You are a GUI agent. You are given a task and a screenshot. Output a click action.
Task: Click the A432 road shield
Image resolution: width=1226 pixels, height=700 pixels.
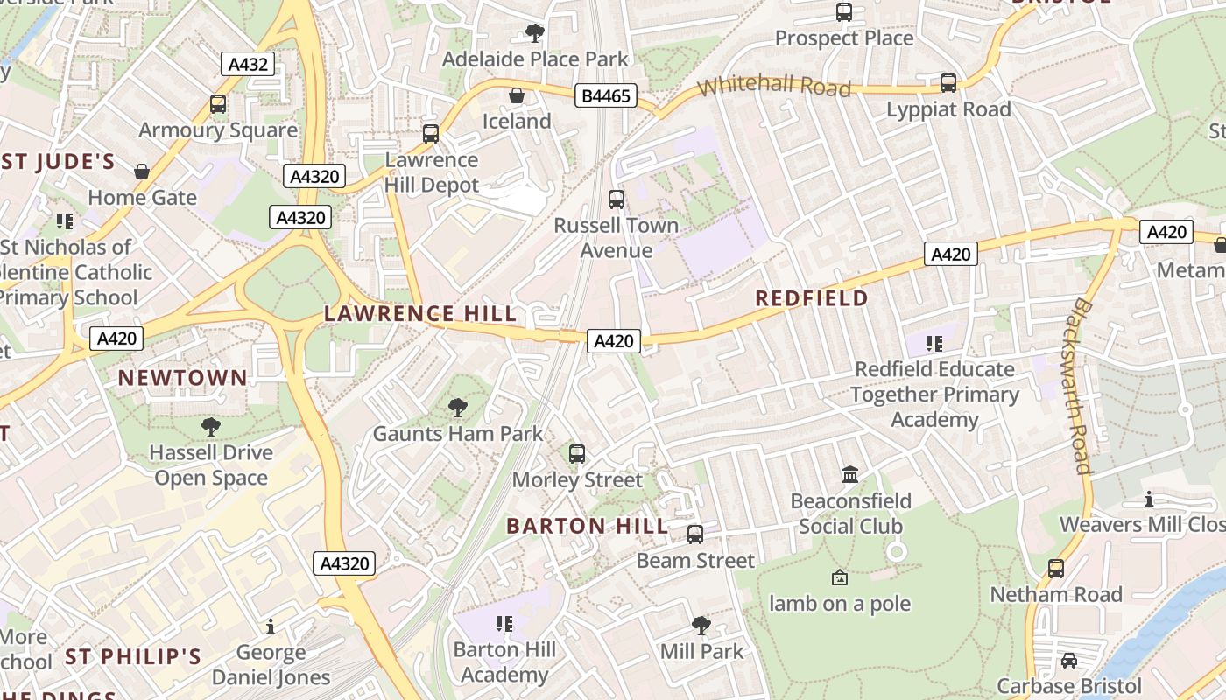(249, 64)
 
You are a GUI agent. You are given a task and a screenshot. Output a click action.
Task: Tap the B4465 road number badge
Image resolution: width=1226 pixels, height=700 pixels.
(605, 95)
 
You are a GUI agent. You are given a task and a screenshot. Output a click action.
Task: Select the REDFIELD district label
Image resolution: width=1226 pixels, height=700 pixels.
(812, 298)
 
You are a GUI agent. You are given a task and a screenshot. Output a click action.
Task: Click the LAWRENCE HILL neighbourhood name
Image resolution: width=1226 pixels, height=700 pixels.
(420, 313)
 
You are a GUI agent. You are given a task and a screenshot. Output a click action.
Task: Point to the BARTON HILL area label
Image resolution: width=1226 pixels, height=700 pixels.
(587, 526)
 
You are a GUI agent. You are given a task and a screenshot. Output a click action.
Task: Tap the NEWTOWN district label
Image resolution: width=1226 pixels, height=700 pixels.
(183, 378)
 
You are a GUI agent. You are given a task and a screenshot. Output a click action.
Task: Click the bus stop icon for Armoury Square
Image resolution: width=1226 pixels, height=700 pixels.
(218, 104)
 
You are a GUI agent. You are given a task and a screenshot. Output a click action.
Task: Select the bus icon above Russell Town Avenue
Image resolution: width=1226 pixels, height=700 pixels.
(617, 199)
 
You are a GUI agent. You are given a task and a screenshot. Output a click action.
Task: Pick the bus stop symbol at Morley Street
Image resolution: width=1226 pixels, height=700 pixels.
(576, 454)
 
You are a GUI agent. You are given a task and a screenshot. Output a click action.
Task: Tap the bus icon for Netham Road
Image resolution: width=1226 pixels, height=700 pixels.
(1056, 569)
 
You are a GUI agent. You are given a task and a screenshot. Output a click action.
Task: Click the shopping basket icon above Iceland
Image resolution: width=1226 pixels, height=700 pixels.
(517, 95)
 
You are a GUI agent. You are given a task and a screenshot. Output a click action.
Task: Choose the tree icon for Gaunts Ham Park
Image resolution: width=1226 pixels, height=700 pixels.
(457, 408)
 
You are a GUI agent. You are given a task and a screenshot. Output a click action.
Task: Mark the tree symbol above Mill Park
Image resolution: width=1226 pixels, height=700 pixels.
(701, 625)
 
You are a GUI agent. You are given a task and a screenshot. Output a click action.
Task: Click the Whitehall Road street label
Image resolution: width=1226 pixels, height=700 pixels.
(774, 86)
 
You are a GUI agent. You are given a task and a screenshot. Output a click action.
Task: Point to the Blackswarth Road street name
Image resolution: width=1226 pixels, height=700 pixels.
(1082, 385)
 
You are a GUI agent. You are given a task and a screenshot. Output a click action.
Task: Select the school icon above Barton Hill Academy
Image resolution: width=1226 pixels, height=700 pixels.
(504, 623)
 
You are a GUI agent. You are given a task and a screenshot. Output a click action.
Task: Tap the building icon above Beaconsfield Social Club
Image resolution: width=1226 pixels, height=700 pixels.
(849, 475)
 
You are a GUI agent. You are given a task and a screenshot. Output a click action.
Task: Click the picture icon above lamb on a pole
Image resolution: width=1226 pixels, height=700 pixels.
(839, 577)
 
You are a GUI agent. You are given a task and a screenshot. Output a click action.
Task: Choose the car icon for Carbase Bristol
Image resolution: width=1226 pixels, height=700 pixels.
(1068, 661)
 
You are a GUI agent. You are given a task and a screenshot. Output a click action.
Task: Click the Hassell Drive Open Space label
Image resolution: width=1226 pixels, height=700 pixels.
(211, 465)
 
